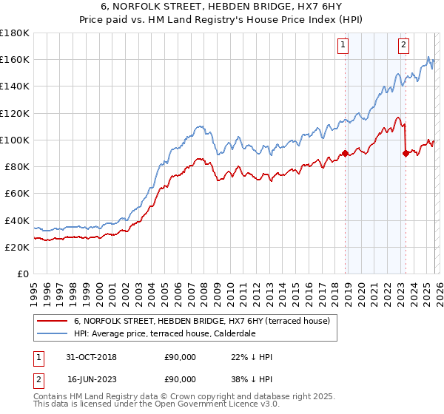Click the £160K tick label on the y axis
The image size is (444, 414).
pos(15,59)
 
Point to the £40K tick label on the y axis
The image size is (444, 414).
pos(17,220)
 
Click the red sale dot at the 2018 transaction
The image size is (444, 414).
pos(345,154)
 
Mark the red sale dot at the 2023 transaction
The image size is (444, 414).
pos(406,154)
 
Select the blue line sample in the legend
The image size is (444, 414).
pos(52,333)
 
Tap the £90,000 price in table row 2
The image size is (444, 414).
pos(180,379)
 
